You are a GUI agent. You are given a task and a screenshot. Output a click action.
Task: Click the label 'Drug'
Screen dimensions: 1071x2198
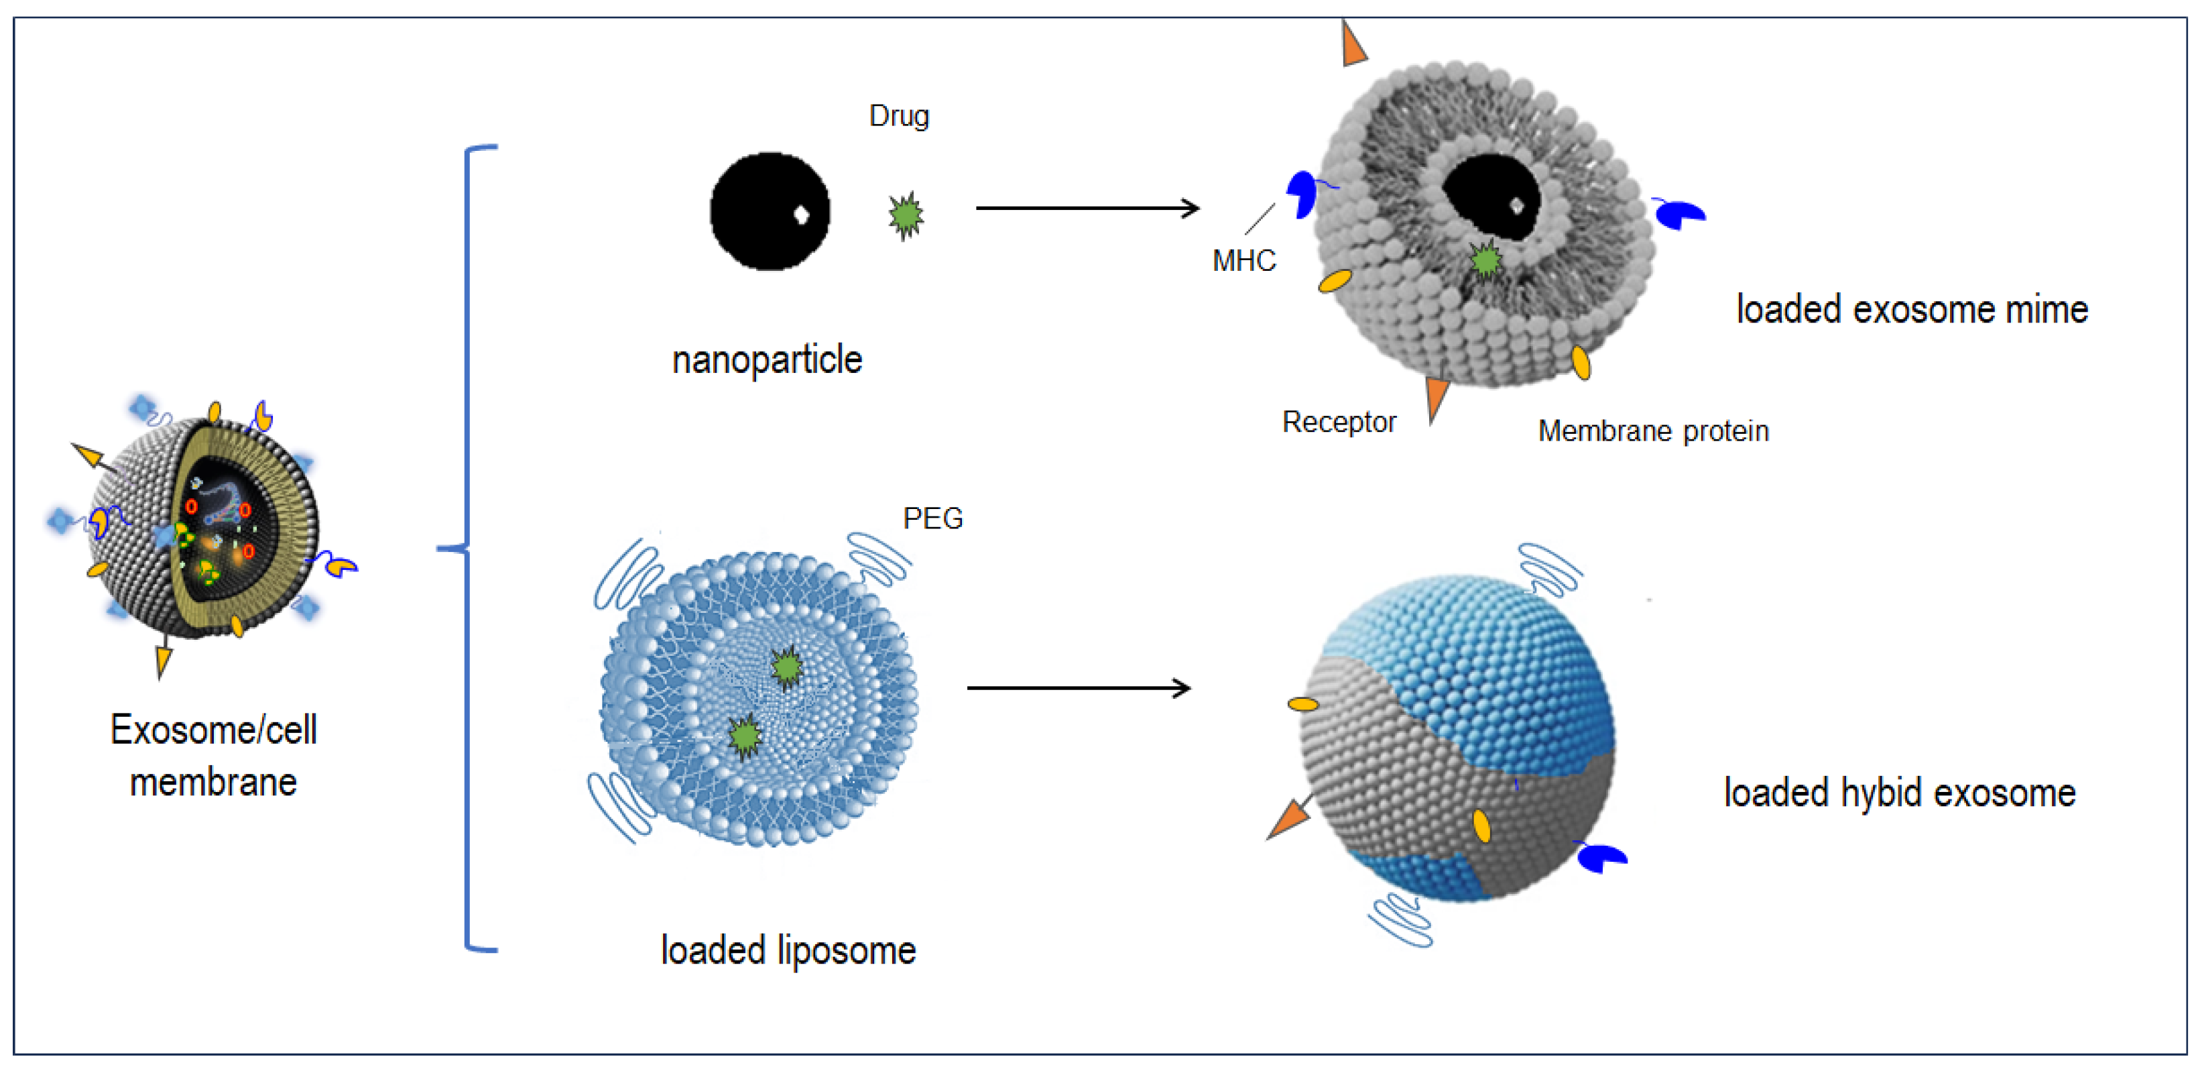point(898,116)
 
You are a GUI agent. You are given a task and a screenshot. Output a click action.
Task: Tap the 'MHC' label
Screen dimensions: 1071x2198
point(1243,260)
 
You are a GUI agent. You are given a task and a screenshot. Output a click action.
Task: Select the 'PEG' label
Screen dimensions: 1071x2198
point(932,518)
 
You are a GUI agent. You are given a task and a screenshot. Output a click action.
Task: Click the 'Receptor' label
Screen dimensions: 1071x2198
point(1339,422)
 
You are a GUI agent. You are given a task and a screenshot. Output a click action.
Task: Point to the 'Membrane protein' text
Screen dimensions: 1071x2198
point(1653,431)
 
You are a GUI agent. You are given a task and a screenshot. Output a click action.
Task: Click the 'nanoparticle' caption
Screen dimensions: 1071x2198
point(767,359)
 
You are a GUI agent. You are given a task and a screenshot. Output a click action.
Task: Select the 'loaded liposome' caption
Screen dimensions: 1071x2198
point(788,950)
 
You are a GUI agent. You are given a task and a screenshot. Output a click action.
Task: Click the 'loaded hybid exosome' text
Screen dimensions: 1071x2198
point(1899,793)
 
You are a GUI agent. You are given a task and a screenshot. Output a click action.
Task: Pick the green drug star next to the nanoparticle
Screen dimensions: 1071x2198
point(906,215)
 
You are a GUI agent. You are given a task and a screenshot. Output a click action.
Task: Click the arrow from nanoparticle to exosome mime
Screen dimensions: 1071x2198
point(1087,207)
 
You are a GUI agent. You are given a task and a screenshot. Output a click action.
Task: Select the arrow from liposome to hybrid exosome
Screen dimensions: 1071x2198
point(1079,688)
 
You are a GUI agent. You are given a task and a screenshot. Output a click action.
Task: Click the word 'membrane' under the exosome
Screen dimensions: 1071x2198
point(213,783)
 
